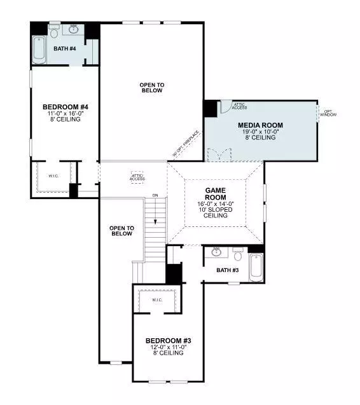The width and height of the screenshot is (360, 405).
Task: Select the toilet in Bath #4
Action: coord(54,32)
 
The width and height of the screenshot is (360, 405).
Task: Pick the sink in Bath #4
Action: coord(75,29)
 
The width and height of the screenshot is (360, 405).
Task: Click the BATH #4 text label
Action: coord(64,48)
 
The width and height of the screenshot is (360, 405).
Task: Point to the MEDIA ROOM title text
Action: coord(260,125)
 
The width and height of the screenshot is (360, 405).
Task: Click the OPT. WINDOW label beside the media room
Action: coord(329,113)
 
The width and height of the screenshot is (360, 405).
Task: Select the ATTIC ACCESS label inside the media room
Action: coord(240,106)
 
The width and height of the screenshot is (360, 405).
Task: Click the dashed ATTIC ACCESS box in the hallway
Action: coord(137,177)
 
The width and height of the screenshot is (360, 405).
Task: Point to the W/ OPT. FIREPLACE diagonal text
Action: coord(186,144)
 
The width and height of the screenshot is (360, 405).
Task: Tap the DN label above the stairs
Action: coord(155,195)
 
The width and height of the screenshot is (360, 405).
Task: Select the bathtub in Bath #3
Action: coord(256,266)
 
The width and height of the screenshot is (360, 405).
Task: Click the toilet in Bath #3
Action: coord(238,256)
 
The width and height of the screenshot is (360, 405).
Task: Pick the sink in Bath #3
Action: coord(216,252)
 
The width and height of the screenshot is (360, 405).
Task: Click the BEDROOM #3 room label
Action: coord(168,341)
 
